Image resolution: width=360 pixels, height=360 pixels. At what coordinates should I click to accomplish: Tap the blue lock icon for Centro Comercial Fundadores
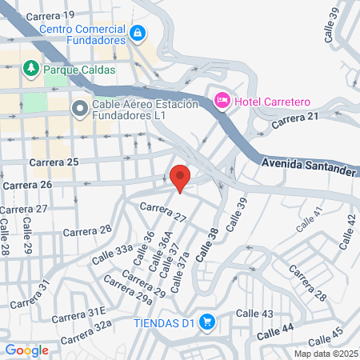138,33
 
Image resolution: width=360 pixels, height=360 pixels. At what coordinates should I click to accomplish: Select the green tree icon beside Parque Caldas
31,69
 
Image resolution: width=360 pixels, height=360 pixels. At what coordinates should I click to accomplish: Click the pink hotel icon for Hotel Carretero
222,100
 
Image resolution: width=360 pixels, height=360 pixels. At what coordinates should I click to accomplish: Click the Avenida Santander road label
307,165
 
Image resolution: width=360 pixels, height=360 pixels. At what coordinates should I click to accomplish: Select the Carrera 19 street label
50,15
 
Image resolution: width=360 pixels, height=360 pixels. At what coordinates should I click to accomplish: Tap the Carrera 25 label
54,162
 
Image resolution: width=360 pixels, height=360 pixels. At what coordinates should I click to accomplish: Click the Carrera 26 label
27,185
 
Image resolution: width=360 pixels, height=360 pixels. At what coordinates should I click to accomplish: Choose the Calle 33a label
112,255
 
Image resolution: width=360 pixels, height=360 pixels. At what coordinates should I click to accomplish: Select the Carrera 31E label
79,312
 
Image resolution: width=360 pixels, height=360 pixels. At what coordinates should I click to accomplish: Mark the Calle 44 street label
276,328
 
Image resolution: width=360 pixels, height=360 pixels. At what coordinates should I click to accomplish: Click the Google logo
26,350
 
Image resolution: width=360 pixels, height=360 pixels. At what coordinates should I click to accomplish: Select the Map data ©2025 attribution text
325,353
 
